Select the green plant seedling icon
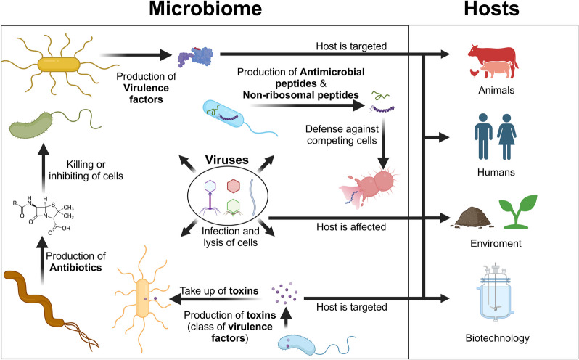click(520, 210)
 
